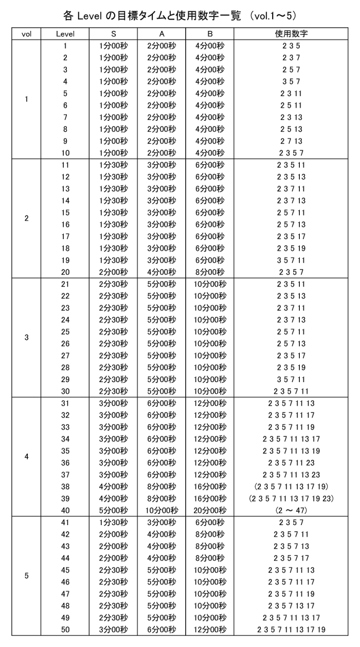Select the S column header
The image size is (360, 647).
pos(113,34)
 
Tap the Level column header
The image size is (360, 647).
pos(65,34)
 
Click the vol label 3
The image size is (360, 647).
pos(26,337)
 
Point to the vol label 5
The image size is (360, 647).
pos(26,576)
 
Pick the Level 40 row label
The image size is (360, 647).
pos(65,510)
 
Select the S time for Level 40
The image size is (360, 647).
pos(113,510)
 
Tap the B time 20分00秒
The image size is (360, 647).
pos(209,510)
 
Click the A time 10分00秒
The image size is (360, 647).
pos(161,510)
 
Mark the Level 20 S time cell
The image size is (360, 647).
pos(113,272)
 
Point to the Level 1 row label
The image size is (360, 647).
pos(65,46)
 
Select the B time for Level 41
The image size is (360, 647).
pos(209,522)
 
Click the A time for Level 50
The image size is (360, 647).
pos(161,629)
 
